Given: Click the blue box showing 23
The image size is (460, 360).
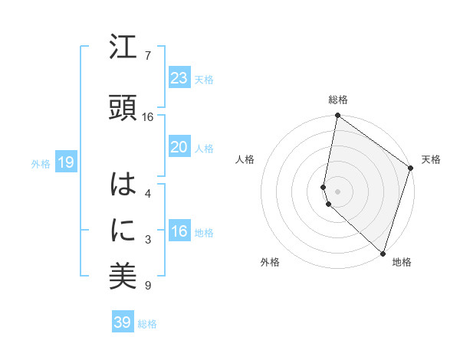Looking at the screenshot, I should coord(179,78).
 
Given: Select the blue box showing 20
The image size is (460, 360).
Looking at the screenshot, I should coord(179,147).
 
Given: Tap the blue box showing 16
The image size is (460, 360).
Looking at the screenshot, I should coord(179,232).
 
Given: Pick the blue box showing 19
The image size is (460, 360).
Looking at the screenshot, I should coord(65,162).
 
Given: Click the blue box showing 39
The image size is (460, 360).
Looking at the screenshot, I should coord(123,322).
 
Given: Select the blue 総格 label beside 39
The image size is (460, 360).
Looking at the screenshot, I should coord(147,324).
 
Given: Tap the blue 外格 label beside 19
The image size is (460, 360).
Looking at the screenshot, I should coord(41,163).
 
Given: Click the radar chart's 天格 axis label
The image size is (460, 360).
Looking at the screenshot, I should coord(431,159).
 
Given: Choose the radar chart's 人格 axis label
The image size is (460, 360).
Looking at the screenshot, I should coord(245,159).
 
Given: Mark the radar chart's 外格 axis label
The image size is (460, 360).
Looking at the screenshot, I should coord(270,262).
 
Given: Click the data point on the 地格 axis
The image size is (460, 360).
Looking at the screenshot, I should coord(383,253).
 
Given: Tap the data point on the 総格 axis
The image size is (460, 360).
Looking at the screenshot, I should coord(337,116).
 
